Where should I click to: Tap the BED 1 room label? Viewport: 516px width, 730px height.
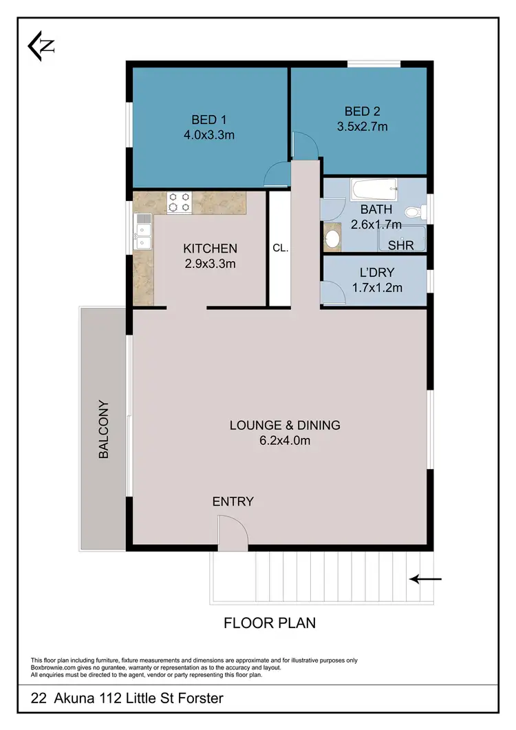click(x=209, y=120)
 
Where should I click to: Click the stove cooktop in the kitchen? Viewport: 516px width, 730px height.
click(x=180, y=202)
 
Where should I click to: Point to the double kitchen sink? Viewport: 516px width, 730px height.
click(x=143, y=233)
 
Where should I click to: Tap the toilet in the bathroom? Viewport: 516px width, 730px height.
click(x=414, y=212)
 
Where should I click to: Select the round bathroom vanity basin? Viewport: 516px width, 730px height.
click(x=332, y=239)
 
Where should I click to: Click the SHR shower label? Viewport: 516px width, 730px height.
click(x=400, y=245)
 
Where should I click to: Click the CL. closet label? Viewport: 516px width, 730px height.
click(x=280, y=249)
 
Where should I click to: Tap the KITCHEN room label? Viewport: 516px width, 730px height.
click(x=210, y=249)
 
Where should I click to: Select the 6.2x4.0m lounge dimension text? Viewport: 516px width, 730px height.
click(x=285, y=441)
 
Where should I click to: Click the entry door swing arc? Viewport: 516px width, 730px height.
click(x=231, y=532)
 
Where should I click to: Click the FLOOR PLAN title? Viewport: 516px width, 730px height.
click(x=270, y=623)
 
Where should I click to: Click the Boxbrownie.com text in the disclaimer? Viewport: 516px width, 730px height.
click(x=55, y=667)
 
